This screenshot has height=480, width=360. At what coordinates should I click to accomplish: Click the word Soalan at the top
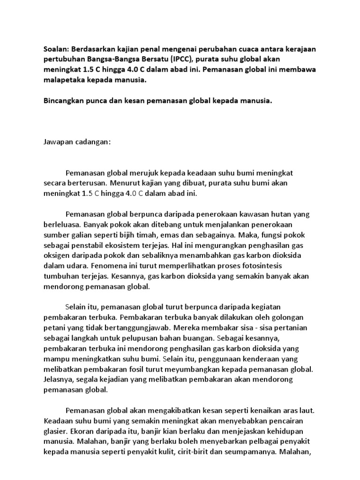tap(54, 48)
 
